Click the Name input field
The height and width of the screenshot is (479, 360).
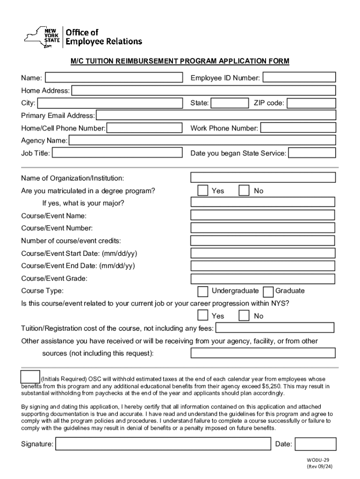tap(114, 77)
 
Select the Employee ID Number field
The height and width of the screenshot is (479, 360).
tap(299, 77)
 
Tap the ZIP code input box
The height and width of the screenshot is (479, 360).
tap(311, 103)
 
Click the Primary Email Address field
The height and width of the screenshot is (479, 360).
tap(216, 116)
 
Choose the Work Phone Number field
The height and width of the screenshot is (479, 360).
tap(298, 128)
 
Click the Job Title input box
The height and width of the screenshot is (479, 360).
tap(117, 153)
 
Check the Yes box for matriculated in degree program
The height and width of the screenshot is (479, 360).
tap(203, 190)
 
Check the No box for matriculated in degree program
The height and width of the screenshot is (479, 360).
tap(244, 190)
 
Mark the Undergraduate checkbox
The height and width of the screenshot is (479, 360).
tap(203, 291)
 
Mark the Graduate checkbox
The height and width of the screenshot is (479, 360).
tap(268, 291)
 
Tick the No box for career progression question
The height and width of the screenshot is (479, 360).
tap(244, 316)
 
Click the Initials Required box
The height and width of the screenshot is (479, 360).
tap(30, 377)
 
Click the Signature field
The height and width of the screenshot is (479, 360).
tap(164, 444)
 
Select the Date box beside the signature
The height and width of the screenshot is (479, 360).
tap(316, 444)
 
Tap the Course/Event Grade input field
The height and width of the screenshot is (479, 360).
tap(263, 279)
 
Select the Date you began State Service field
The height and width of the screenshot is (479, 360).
tap(312, 153)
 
